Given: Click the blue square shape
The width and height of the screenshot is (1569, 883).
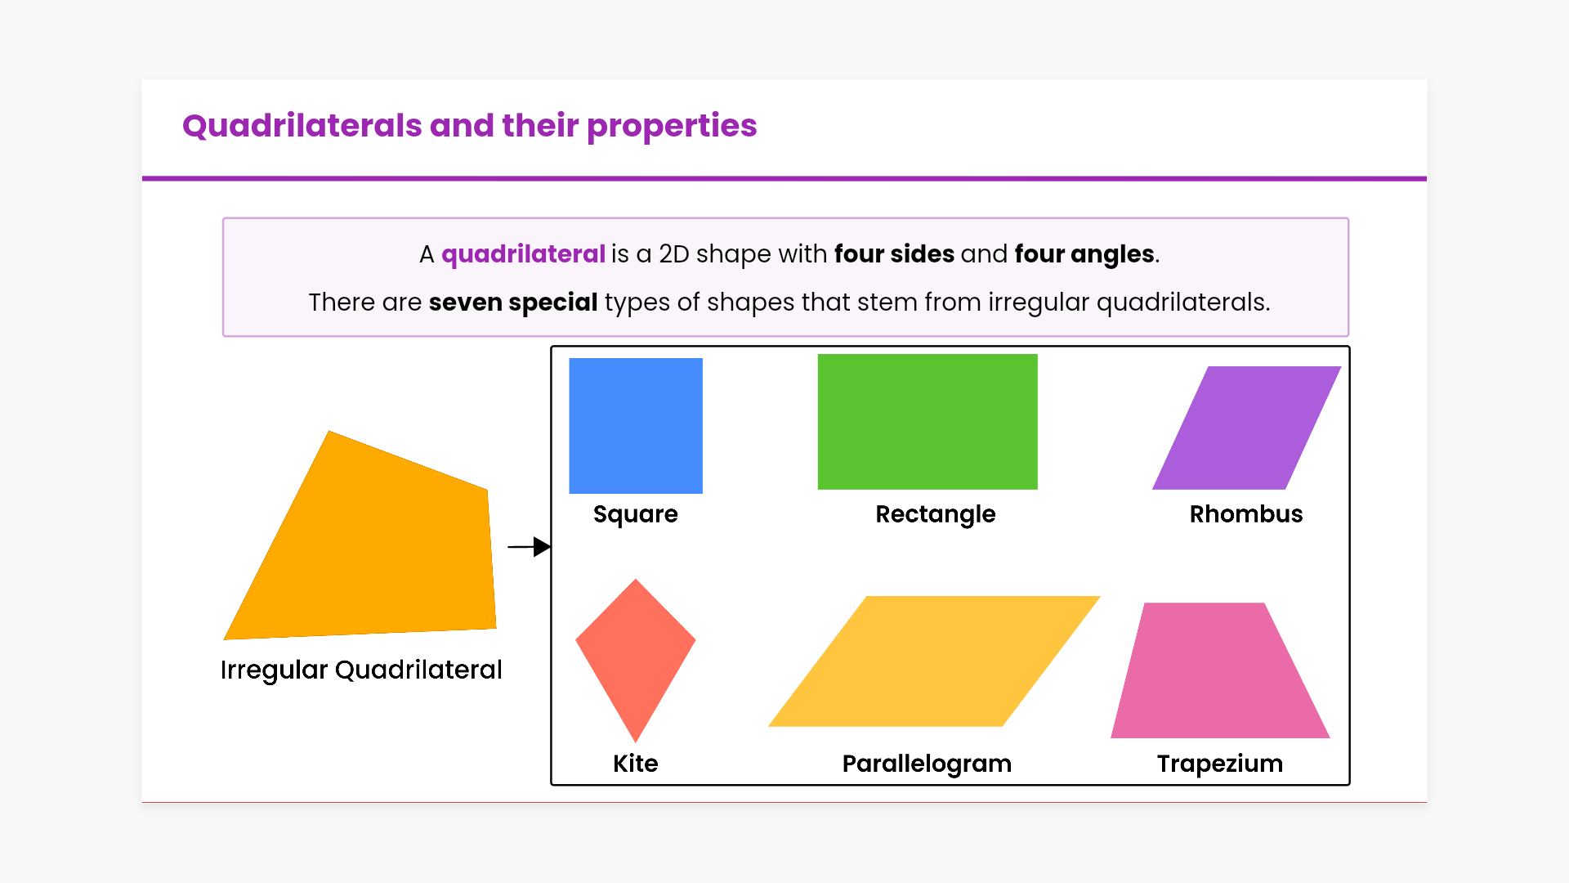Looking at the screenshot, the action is click(x=636, y=426).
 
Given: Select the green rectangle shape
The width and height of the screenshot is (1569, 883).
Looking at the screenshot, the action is click(x=928, y=422).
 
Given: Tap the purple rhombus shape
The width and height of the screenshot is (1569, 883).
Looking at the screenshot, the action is click(x=1247, y=428).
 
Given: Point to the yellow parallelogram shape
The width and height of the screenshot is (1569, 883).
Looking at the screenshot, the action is click(x=934, y=661).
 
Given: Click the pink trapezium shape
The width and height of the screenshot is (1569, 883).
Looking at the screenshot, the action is click(x=1220, y=670).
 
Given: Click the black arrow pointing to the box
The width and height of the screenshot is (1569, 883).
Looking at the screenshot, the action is click(x=530, y=546).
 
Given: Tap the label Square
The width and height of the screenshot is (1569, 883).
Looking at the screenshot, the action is click(x=636, y=515).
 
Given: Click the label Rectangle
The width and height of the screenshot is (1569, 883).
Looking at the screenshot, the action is click(x=936, y=514).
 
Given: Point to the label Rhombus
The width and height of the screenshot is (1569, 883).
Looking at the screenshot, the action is click(x=1246, y=514).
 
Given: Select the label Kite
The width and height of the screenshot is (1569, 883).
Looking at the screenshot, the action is click(x=636, y=764).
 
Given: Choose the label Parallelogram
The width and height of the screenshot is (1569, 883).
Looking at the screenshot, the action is click(x=927, y=764).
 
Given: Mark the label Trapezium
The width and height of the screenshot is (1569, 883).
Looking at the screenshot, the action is click(x=1220, y=764).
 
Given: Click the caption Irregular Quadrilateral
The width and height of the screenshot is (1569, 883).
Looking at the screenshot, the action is click(x=361, y=670).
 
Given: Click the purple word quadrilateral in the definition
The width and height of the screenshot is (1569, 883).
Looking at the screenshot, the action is click(x=523, y=255).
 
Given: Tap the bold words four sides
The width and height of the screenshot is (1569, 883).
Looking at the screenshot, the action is click(x=894, y=254).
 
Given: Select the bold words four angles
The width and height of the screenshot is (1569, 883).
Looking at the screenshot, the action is click(x=1084, y=255).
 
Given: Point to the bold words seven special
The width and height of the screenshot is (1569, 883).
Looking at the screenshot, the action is click(x=513, y=303).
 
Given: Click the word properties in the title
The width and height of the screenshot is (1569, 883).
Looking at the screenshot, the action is click(x=672, y=127).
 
